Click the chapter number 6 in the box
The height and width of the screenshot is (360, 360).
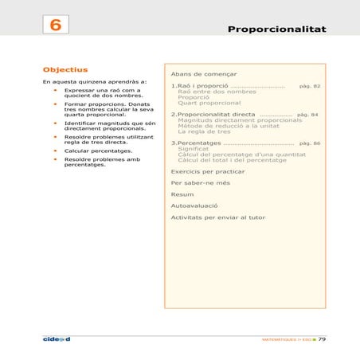click(x=56, y=25)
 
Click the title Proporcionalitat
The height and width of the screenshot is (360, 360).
click(x=276, y=29)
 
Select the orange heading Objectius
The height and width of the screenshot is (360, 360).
click(x=65, y=69)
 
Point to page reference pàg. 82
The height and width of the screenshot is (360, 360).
click(x=309, y=84)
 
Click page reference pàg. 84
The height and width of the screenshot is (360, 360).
click(x=307, y=115)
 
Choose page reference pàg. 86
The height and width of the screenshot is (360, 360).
click(x=309, y=143)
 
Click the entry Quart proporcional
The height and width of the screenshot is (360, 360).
click(x=209, y=103)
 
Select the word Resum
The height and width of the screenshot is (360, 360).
click(x=182, y=194)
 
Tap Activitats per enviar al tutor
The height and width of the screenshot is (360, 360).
click(x=218, y=217)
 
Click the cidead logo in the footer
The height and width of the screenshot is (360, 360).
click(x=57, y=338)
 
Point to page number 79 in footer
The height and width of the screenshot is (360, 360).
click(x=322, y=339)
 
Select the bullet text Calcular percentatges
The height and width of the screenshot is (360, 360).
click(x=98, y=151)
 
